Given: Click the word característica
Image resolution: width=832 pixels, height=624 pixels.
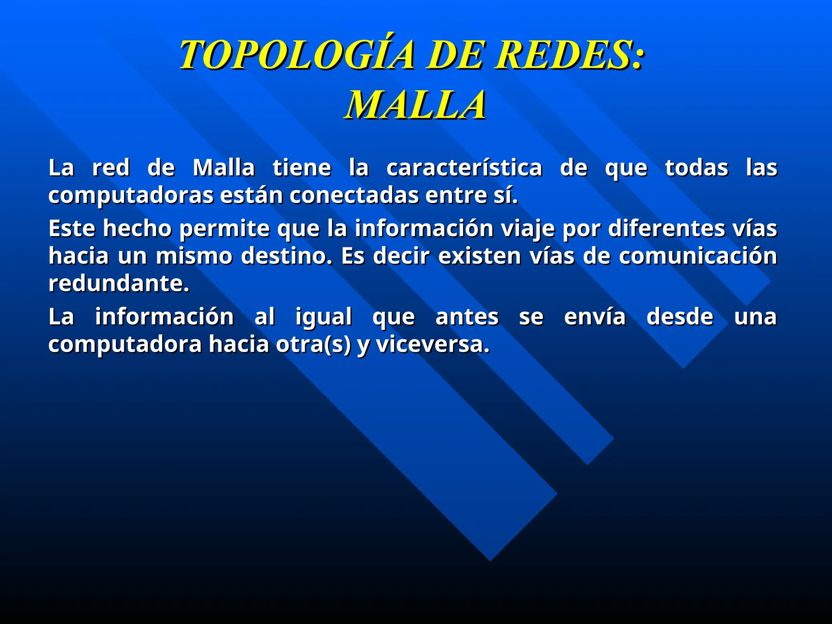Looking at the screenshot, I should coord(464,168).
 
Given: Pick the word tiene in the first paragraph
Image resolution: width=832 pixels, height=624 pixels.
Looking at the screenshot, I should coord(302,168).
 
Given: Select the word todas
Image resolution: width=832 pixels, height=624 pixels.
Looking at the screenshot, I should coord(696,168).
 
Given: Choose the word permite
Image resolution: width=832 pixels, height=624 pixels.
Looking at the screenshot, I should coord(224,228).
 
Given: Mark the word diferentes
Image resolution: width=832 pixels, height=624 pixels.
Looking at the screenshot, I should coord(666,228).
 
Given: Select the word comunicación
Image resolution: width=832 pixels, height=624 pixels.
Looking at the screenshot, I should coord(698,256).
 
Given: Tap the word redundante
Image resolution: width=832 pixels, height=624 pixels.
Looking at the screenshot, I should coord(119,283).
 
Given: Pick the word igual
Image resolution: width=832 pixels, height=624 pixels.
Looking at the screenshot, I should coord(323,317).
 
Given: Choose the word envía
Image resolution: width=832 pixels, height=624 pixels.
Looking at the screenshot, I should coord(595,316).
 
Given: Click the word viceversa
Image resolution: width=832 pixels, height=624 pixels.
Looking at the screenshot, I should coord(433,344).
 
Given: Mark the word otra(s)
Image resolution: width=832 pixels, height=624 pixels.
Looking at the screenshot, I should coord(313,344).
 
